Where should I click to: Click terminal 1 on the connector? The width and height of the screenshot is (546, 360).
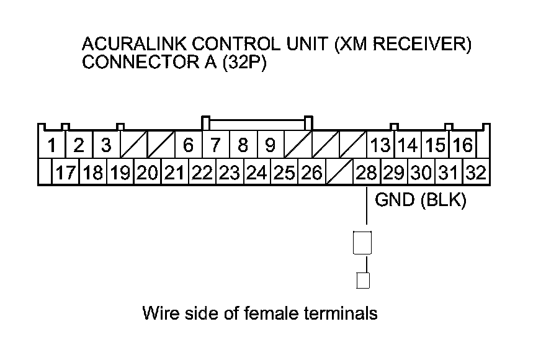(52, 145)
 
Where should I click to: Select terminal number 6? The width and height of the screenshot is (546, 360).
(189, 145)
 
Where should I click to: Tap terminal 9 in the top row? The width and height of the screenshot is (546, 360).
(271, 145)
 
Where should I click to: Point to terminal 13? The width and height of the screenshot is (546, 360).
(380, 145)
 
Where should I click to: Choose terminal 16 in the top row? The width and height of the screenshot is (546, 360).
(463, 145)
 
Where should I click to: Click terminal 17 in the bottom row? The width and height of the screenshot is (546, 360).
(66, 172)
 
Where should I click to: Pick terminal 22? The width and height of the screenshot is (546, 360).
(202, 172)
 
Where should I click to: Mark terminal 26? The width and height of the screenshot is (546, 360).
(312, 172)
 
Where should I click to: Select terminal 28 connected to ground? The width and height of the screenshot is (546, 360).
(367, 172)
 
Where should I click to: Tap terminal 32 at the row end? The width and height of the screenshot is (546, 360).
(476, 172)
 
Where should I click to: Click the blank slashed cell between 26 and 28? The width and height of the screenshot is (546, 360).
(339, 172)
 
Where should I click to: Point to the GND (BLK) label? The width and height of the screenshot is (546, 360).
(420, 200)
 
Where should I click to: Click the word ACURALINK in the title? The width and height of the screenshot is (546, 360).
(134, 44)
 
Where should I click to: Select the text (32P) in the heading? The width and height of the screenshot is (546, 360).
(244, 63)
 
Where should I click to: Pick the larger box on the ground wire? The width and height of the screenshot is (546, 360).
(362, 243)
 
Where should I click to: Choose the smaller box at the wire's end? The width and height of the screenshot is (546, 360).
(363, 281)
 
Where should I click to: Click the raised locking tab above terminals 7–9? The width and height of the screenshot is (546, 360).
(257, 120)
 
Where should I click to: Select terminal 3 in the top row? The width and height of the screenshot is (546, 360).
(107, 145)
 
